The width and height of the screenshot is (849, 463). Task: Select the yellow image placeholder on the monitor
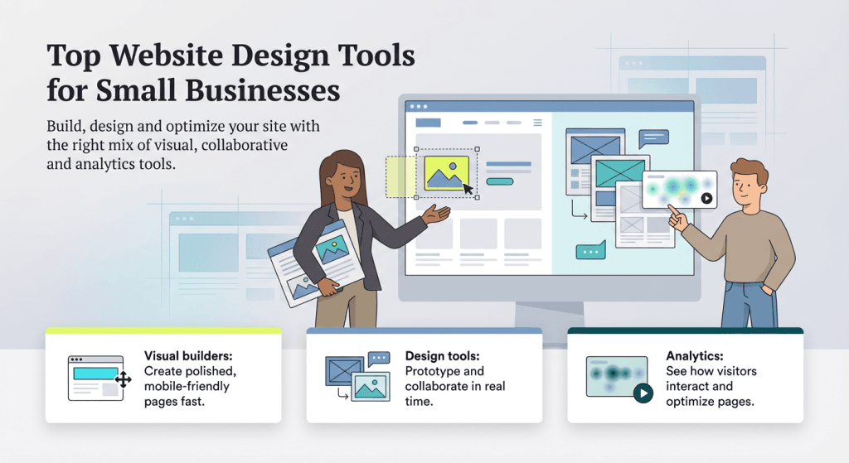[446, 172]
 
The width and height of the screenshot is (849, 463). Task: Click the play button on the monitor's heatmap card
[706, 199]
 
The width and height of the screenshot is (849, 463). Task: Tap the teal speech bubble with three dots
[591, 250]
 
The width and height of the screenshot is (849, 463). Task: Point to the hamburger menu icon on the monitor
[538, 123]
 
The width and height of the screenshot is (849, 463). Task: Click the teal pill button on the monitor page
[499, 181]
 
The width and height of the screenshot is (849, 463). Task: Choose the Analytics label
[695, 356]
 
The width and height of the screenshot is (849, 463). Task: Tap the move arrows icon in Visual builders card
[124, 380]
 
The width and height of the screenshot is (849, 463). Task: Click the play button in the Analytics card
[642, 393]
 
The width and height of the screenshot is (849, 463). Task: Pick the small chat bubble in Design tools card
[379, 359]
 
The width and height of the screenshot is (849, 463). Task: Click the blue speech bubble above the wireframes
[653, 138]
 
